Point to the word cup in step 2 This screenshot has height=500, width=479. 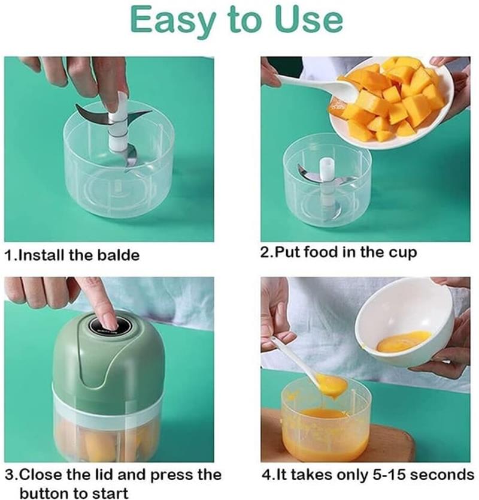point(402,252)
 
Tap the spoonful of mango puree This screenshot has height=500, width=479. point(331,384)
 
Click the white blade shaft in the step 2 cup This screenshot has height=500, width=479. point(327,171)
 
